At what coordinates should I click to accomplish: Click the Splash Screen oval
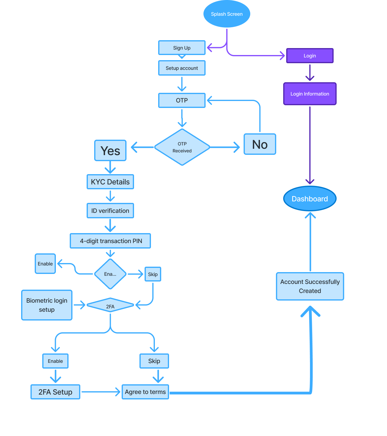(x=227, y=14)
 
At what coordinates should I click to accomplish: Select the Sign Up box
(x=182, y=48)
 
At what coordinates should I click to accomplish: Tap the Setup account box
(x=182, y=68)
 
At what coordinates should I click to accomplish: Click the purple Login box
(x=310, y=56)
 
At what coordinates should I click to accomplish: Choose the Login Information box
(x=310, y=94)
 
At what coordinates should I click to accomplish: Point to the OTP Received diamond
(x=182, y=147)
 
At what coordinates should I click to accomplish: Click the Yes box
(x=110, y=151)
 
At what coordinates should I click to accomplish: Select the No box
(x=260, y=144)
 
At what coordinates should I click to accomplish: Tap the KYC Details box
(x=110, y=182)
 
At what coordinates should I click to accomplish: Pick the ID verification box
(x=110, y=211)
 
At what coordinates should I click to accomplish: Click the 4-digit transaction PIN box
(x=110, y=241)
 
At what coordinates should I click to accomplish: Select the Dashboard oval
(x=310, y=199)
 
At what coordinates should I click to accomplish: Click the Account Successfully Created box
(x=310, y=286)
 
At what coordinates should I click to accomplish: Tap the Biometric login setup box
(x=47, y=305)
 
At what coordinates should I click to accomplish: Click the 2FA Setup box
(x=55, y=392)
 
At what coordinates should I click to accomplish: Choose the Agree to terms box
(x=145, y=392)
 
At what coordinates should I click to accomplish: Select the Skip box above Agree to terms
(x=154, y=361)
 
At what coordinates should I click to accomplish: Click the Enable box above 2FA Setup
(x=55, y=361)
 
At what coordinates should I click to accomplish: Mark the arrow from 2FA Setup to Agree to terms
(x=101, y=392)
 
